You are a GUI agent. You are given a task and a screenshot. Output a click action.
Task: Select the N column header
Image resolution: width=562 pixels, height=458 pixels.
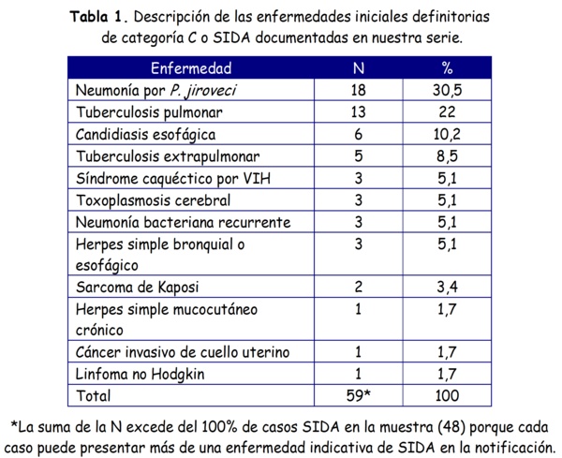coord(358,69)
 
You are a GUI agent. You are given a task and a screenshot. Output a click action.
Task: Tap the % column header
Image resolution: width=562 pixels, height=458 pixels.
coord(447,69)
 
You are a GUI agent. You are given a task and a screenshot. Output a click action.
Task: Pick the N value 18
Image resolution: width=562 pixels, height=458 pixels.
coord(358,91)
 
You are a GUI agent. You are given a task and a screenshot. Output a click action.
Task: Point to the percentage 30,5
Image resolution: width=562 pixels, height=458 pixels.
coord(447,91)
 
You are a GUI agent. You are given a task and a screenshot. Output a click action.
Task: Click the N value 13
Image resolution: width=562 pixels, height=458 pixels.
coord(358,112)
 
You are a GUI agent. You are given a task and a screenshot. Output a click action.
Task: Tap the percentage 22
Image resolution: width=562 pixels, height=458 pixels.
coord(447,112)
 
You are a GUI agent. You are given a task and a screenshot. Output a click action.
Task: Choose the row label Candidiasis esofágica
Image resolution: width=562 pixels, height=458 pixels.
coord(145,134)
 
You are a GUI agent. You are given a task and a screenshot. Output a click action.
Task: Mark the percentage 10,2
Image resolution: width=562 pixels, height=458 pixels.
coord(447,134)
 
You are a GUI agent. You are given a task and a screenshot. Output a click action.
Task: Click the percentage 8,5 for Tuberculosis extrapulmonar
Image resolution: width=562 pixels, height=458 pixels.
coord(447,155)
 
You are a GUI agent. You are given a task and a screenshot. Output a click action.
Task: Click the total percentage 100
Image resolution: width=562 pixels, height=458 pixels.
coord(447,395)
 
